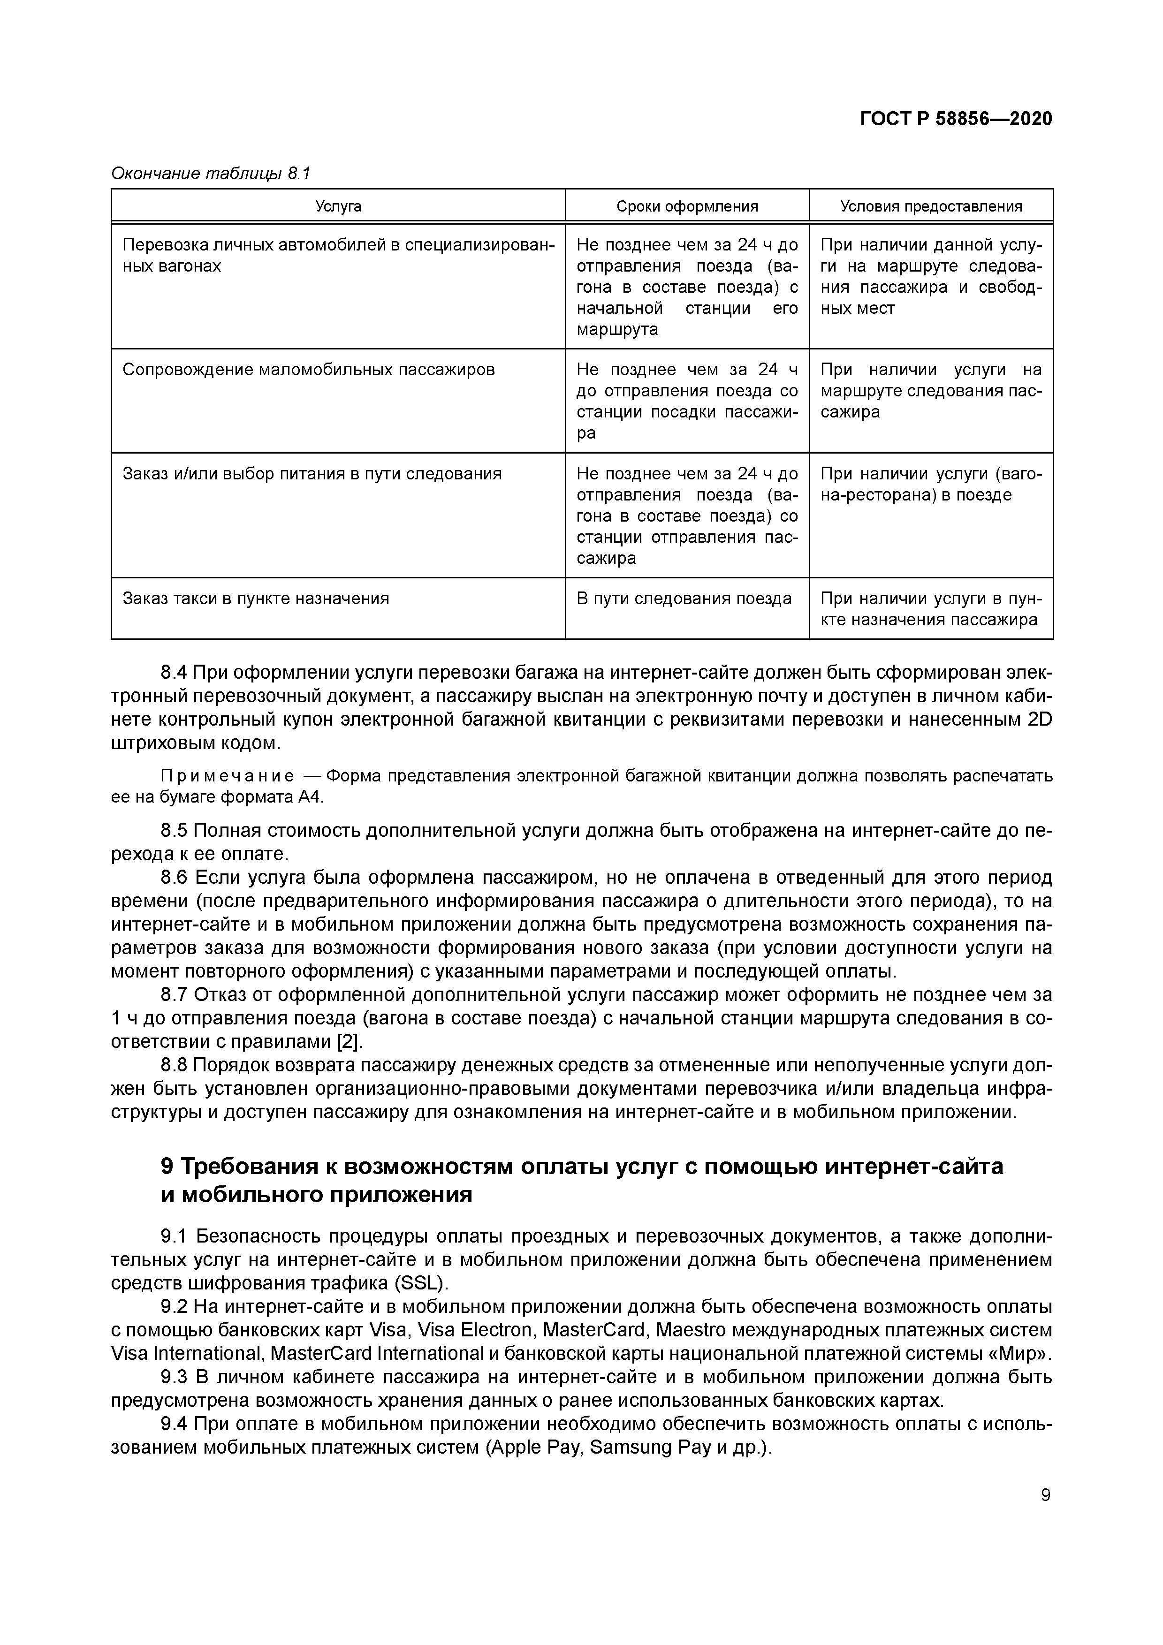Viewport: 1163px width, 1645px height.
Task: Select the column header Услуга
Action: tap(338, 207)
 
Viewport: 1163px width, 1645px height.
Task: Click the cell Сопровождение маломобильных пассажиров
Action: tap(308, 371)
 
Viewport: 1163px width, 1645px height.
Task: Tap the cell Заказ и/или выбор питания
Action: tap(312, 474)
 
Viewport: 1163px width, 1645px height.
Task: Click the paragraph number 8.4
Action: tap(174, 673)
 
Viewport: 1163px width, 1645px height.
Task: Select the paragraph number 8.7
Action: tap(174, 995)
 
